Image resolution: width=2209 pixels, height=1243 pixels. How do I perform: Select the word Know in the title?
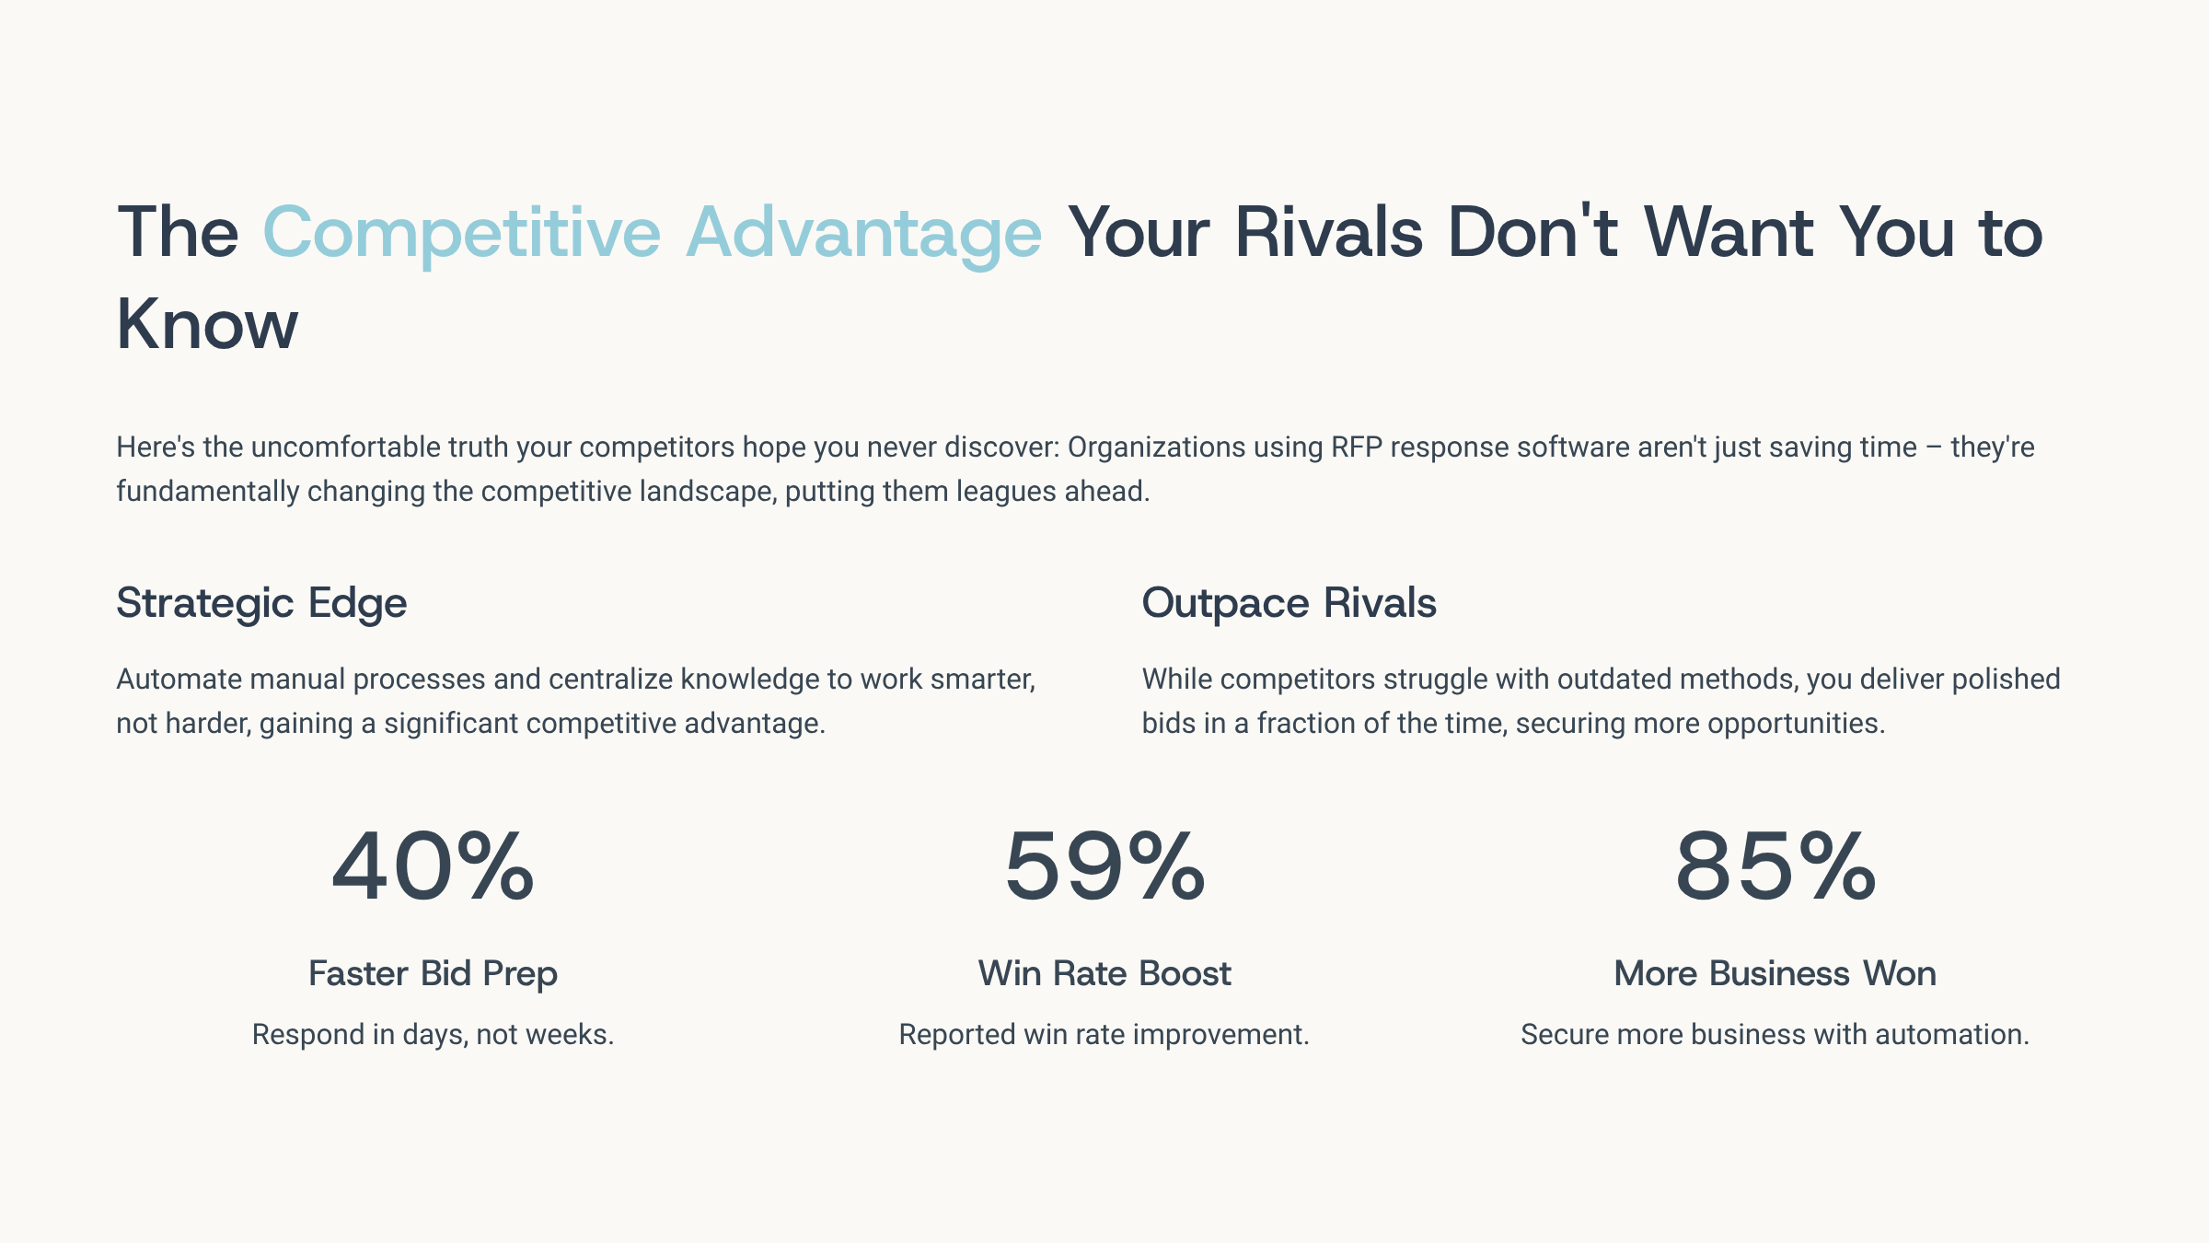pos(207,323)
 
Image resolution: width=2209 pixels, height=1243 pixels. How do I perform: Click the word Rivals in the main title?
pos(1328,231)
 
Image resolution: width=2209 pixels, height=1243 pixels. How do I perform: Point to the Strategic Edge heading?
pos(261,604)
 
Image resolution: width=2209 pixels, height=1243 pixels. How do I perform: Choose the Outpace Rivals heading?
pos(1289,604)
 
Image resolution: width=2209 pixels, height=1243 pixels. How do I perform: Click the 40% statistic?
pos(433,865)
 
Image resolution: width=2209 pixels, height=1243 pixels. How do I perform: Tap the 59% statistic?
pos(1104,865)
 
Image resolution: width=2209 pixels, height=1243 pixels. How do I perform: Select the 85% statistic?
pos(1775,865)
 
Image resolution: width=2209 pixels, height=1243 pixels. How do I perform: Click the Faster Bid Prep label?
pos(433,974)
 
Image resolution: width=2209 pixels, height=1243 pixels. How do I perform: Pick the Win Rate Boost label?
pos(1104,973)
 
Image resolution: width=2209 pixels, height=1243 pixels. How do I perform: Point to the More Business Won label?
pos(1775,973)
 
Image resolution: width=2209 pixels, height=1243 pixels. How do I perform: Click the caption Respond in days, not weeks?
pos(433,1035)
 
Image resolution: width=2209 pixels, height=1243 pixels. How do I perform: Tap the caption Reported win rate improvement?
pos(1104,1035)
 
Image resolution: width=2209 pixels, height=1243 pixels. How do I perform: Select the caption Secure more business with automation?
pos(1775,1034)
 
